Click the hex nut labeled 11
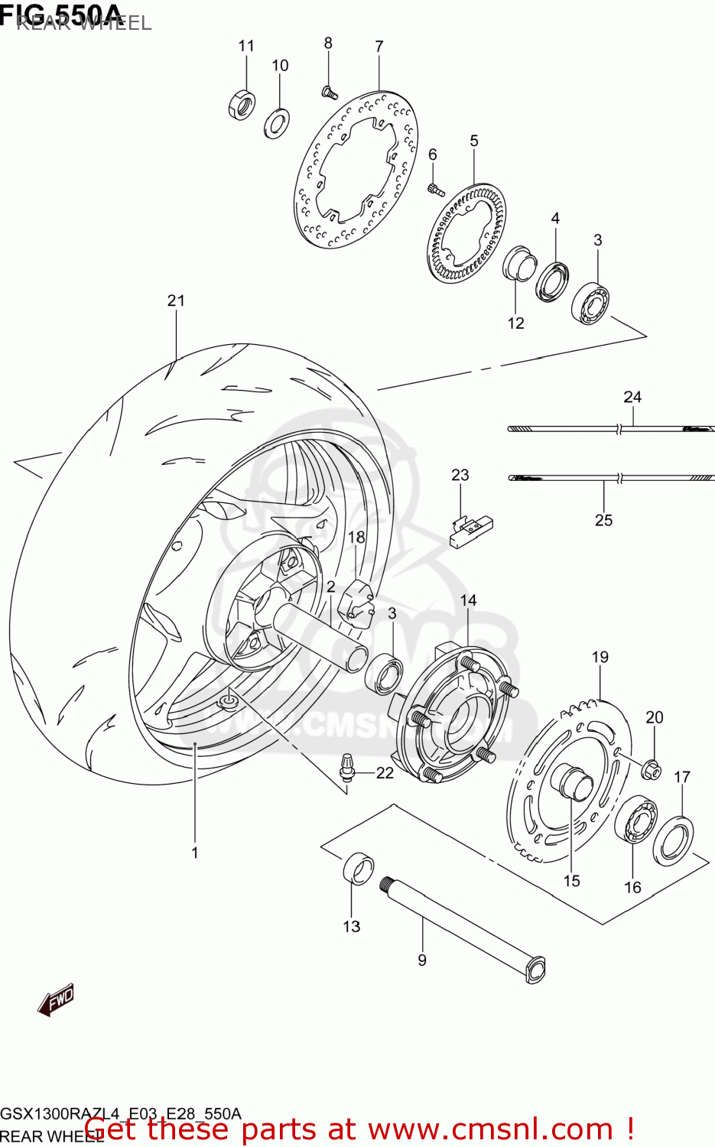[x=242, y=104]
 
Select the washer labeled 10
[x=276, y=123]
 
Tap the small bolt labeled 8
[x=329, y=93]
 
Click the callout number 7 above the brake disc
[x=379, y=47]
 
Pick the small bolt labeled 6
[x=435, y=189]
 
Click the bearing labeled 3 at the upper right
[x=590, y=301]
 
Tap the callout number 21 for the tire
[x=176, y=301]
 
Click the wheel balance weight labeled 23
[x=470, y=530]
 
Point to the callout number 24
[x=632, y=397]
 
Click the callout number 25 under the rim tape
[x=603, y=520]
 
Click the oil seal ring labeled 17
[x=674, y=841]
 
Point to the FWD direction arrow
[x=57, y=999]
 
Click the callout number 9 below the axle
[x=422, y=960]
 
